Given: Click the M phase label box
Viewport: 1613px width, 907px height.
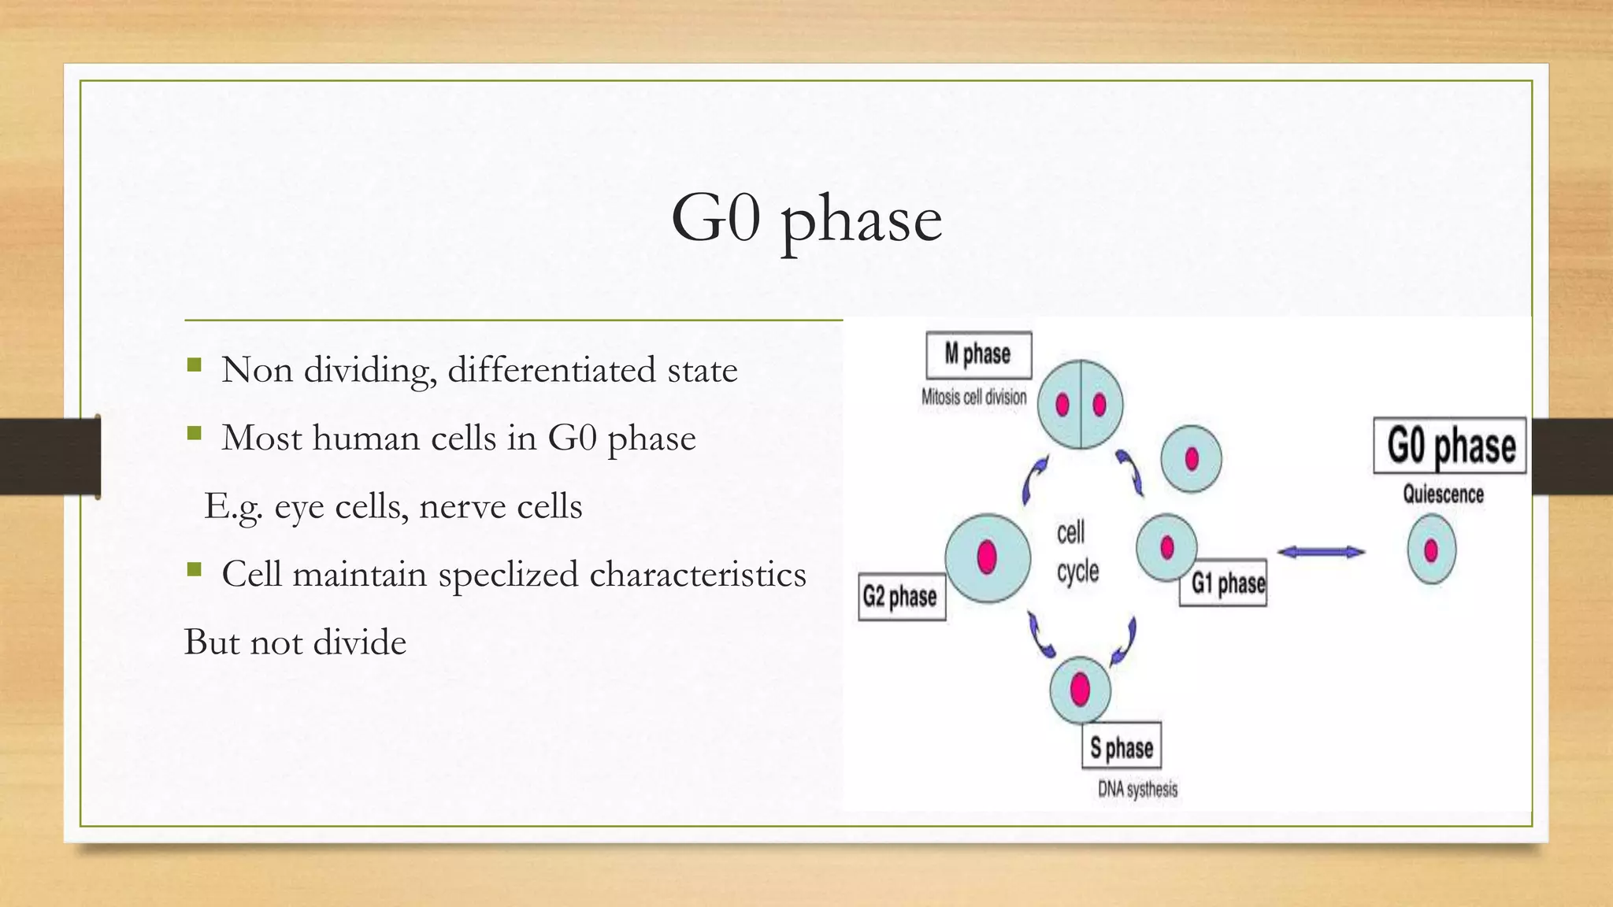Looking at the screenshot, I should tap(978, 355).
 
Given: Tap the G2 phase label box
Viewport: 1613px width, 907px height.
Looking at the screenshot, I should tap(901, 597).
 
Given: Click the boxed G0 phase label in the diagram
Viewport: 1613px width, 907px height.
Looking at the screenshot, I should tap(1450, 446).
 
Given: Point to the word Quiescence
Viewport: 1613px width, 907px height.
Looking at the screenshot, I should tap(1443, 494).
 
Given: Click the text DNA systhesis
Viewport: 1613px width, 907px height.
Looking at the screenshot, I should tap(1137, 789).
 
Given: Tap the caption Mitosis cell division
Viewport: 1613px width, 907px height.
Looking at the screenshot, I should tap(973, 397).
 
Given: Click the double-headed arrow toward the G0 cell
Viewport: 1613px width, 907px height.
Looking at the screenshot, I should tap(1321, 552).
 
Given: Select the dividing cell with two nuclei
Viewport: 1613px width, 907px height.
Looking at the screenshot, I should tap(1080, 405).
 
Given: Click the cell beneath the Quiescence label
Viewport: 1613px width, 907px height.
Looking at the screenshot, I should tap(1431, 550).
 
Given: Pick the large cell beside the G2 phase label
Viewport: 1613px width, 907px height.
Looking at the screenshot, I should tap(988, 558).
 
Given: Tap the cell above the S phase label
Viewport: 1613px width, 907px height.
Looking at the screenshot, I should tap(1081, 690).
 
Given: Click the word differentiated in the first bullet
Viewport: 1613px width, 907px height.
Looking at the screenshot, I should tap(551, 370).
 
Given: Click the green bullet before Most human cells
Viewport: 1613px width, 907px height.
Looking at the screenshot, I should tap(195, 433).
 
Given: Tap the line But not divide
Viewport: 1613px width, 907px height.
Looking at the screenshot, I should tap(295, 642).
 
